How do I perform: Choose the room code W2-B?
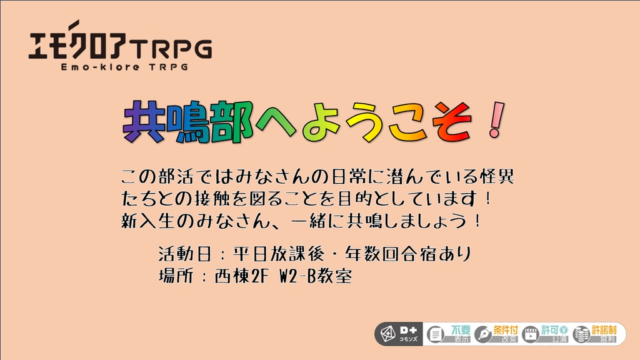(x=295, y=276)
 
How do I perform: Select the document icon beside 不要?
(x=435, y=334)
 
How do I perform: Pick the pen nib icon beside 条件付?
(x=482, y=334)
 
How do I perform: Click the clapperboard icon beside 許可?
(x=531, y=334)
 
